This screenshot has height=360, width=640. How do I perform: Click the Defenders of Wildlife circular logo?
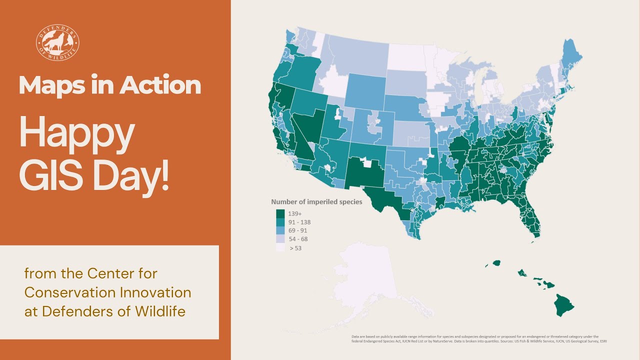click(57, 42)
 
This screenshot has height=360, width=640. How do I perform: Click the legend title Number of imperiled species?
click(316, 202)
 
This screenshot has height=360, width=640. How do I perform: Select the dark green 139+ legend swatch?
click(280, 213)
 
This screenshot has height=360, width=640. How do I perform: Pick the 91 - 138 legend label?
click(299, 222)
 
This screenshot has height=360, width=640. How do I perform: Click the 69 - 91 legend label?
click(298, 230)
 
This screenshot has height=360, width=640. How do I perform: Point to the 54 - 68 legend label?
click(298, 239)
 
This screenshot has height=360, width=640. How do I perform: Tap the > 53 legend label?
click(295, 247)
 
